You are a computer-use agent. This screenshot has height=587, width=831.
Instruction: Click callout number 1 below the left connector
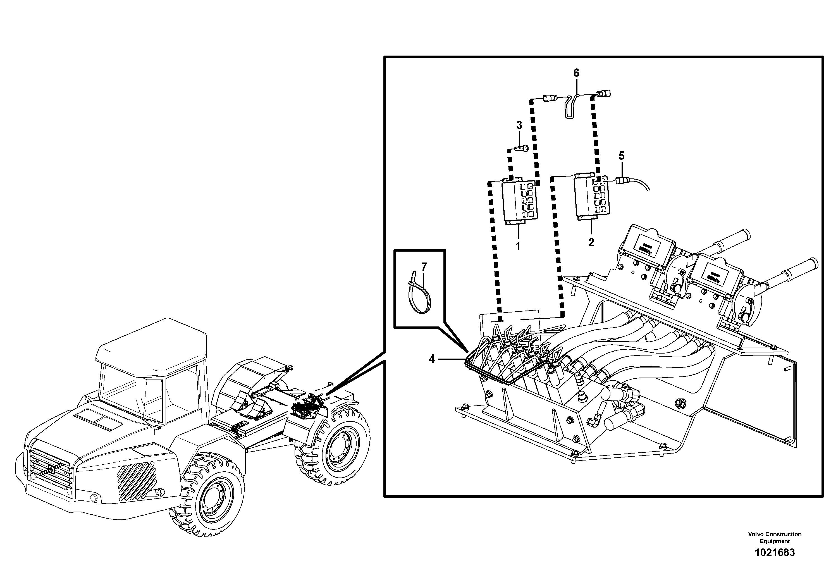[518, 247]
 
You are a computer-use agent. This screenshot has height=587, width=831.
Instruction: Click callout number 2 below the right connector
[591, 242]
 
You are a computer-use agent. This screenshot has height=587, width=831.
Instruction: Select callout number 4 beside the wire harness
[432, 359]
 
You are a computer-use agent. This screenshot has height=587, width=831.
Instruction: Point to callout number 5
[622, 156]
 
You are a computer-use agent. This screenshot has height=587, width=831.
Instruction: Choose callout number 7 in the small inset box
[424, 267]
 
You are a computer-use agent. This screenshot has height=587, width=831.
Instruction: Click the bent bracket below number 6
[570, 107]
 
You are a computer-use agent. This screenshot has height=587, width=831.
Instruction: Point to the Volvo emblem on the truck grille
[51, 470]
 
